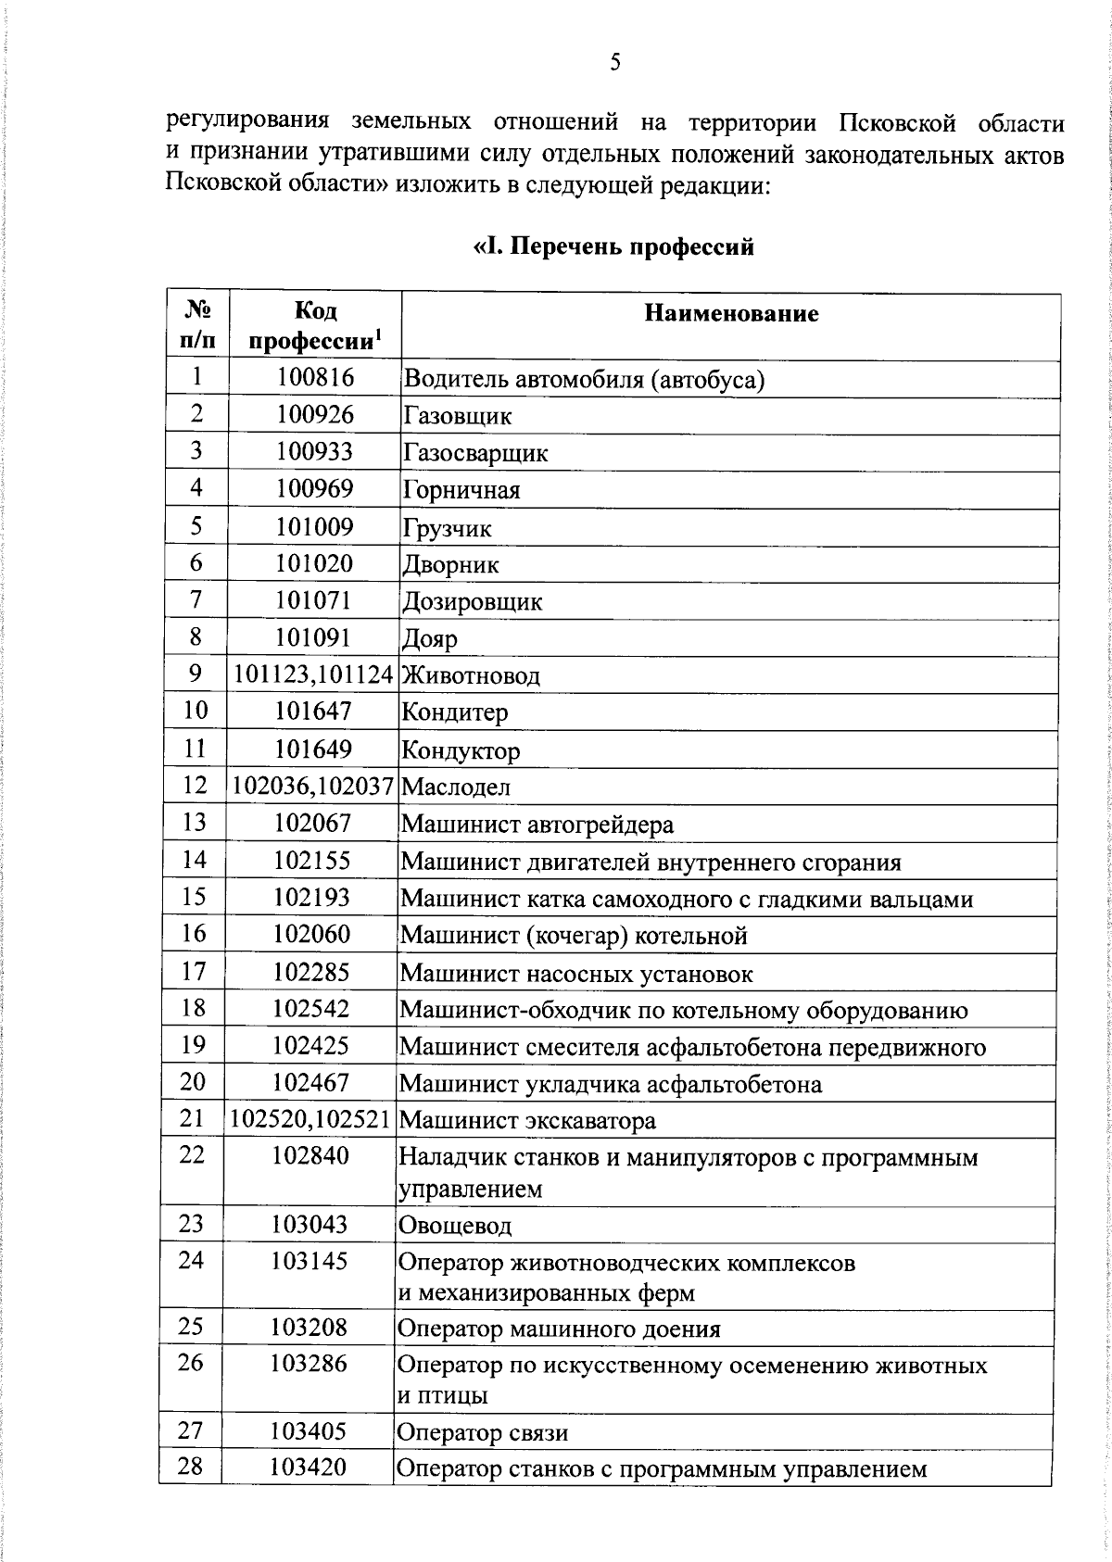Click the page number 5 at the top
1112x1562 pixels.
tap(615, 63)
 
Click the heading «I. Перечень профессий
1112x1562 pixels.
tap(613, 247)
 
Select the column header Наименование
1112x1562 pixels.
tap(731, 313)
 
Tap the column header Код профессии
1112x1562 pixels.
tap(315, 326)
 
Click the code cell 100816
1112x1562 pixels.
tap(315, 378)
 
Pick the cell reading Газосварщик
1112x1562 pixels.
tap(474, 453)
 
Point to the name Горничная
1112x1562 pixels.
tap(461, 490)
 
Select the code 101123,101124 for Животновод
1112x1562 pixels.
tap(313, 675)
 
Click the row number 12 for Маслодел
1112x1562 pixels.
tap(196, 786)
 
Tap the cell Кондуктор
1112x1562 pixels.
tap(461, 750)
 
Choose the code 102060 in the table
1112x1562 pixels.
tap(311, 934)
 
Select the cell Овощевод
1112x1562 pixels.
tap(454, 1227)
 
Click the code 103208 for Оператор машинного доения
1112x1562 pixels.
tap(309, 1328)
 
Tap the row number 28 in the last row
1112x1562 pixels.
tap(190, 1467)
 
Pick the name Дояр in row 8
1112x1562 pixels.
tap(430, 639)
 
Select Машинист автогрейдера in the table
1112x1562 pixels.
tap(537, 825)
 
